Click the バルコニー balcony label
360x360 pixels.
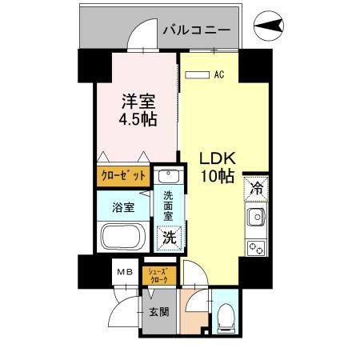[196, 31]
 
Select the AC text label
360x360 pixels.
[218, 75]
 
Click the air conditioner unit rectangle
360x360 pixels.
[194, 75]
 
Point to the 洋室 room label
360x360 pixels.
[138, 102]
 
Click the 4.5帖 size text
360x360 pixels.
[138, 120]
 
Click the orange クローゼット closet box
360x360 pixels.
[123, 175]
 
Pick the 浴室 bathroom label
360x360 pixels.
[123, 208]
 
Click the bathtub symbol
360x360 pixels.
[122, 238]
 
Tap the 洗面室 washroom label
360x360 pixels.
[169, 206]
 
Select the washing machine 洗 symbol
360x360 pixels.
[170, 237]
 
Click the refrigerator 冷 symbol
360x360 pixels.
[256, 189]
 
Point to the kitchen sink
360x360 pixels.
[256, 217]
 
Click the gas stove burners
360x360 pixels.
[256, 248]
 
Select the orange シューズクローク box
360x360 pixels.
[158, 275]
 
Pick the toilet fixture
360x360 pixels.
[226, 317]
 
